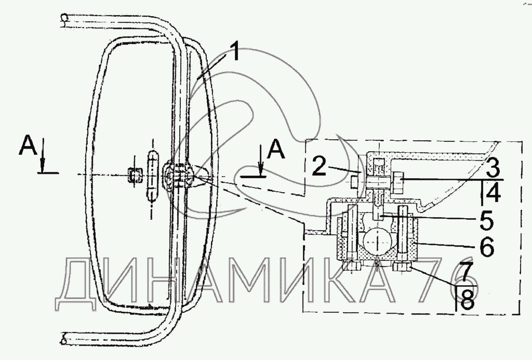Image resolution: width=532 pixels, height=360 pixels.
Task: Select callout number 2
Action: click(x=320, y=165)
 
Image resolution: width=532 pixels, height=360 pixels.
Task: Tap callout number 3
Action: click(x=493, y=168)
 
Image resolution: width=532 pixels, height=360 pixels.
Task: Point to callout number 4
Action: click(x=493, y=192)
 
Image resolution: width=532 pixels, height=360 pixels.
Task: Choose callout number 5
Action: click(x=486, y=220)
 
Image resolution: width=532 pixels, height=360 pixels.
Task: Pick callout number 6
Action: click(x=487, y=247)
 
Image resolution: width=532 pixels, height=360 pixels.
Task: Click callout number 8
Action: click(x=467, y=299)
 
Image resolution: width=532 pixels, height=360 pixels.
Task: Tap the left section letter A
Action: click(x=29, y=145)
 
